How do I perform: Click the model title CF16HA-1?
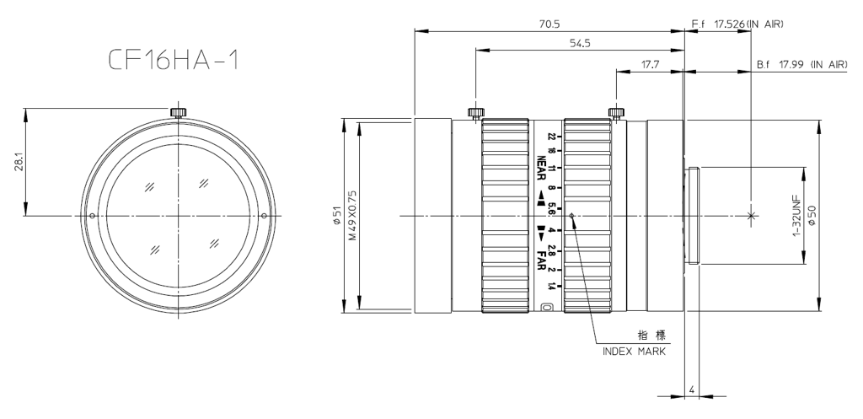[x=174, y=60]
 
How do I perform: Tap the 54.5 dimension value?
[x=580, y=44]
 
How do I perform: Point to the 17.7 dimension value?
[x=650, y=64]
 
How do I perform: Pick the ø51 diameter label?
[x=337, y=215]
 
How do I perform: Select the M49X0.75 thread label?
[x=353, y=215]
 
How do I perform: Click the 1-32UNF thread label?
[x=796, y=215]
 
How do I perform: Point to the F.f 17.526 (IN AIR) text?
[x=737, y=24]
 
